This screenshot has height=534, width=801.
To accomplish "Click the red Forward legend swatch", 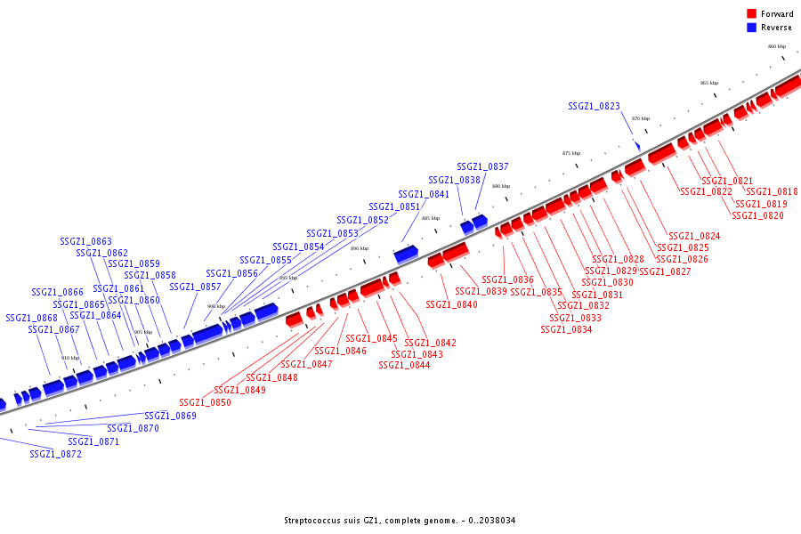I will (752, 13).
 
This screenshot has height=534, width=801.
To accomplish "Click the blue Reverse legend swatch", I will (752, 28).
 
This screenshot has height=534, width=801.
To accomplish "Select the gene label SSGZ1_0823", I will (594, 106).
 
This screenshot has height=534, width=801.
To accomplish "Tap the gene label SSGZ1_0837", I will (482, 166).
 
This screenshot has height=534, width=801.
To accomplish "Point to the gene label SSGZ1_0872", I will (55, 454).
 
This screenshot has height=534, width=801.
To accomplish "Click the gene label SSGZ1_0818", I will (772, 191).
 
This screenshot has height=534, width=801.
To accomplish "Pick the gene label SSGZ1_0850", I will (205, 402).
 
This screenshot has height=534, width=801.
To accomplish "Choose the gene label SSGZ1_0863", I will (85, 241).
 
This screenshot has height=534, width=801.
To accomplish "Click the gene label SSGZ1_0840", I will (451, 304).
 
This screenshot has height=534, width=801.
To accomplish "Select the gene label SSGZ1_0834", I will (566, 329).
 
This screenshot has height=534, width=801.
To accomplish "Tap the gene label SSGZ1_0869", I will (170, 416).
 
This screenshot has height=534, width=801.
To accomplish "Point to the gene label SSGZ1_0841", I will (424, 194).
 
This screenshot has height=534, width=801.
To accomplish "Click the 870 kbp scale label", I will (641, 118).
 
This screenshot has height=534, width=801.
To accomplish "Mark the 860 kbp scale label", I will (777, 46).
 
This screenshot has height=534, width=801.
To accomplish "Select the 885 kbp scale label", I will (431, 218).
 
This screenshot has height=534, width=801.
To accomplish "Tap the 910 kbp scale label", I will (70, 358).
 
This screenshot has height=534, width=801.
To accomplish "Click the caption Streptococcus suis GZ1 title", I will (400, 521).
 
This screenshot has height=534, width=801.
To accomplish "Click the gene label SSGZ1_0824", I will (694, 236).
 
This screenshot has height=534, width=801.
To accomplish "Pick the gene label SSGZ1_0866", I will (57, 292).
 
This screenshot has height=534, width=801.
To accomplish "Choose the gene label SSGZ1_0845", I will (371, 338).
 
